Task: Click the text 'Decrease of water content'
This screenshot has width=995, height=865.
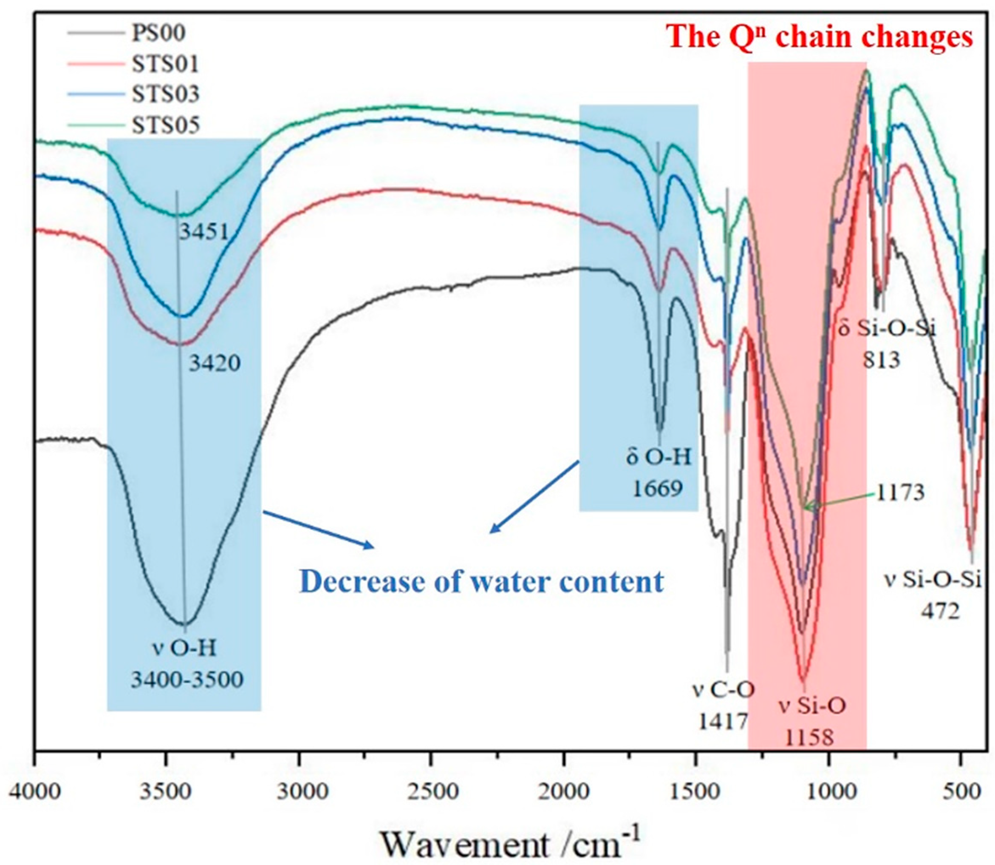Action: click(482, 582)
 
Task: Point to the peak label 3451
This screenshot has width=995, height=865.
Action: click(204, 233)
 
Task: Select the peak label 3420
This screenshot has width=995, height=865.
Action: click(214, 363)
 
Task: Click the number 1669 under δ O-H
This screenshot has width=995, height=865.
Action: click(658, 489)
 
